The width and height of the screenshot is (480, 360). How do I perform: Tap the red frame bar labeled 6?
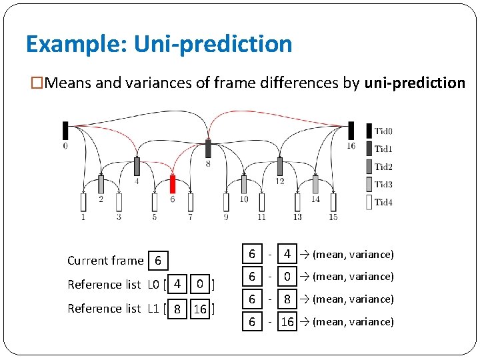tap(172, 184)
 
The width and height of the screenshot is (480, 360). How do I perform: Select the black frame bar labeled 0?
tap(65, 131)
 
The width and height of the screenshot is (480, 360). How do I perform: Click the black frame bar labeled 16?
tap(351, 131)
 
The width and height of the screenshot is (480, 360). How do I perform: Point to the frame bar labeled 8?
tap(208, 149)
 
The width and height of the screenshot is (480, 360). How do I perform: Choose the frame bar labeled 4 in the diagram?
tap(137, 167)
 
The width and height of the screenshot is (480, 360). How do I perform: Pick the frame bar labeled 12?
tap(279, 167)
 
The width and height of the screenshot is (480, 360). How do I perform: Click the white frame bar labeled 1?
tap(83, 202)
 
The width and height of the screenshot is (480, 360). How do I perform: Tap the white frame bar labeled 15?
tap(333, 202)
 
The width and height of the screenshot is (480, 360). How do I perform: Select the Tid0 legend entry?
tap(379, 131)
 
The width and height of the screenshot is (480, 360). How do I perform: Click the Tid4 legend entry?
tap(379, 202)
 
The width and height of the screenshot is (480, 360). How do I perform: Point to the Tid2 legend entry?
tap(379, 167)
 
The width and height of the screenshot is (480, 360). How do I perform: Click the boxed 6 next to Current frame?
tap(157, 260)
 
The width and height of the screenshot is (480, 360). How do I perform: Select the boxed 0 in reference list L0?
tap(199, 285)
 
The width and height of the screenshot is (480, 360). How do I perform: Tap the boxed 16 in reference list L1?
tap(199, 309)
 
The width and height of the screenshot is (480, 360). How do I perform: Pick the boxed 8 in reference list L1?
tap(177, 309)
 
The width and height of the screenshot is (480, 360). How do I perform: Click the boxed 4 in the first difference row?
tap(287, 254)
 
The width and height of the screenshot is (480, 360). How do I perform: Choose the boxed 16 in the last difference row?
tap(287, 322)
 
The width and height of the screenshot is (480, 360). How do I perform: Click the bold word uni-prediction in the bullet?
tap(415, 83)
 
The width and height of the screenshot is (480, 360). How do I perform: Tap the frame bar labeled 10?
tap(243, 184)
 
